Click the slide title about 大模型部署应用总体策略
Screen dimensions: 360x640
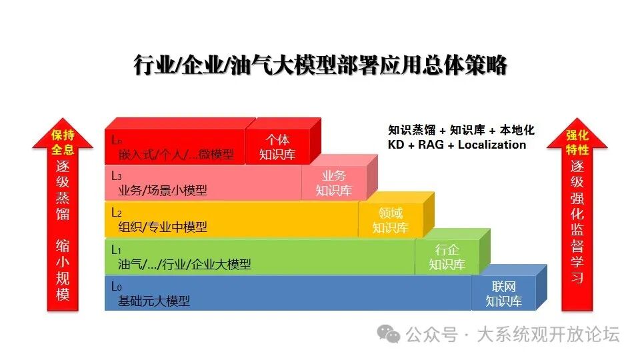[x=321, y=66]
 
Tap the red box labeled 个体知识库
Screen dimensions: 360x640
[x=277, y=147]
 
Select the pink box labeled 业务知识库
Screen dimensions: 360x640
[x=333, y=183]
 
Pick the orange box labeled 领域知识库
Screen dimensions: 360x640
[x=390, y=220]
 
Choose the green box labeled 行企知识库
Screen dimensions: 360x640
[x=447, y=257]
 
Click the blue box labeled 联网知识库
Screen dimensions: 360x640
[x=503, y=293]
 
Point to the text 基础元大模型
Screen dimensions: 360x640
[x=154, y=301]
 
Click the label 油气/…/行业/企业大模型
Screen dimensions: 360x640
[x=184, y=264]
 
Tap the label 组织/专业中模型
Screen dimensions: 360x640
[x=163, y=227]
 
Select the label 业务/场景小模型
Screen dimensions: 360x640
[x=163, y=190]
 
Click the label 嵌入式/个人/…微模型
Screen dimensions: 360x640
[x=176, y=155]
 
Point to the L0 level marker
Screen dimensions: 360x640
[x=116, y=287]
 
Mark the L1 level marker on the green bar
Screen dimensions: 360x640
[x=116, y=249]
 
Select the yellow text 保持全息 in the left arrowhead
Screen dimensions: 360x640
[x=63, y=142]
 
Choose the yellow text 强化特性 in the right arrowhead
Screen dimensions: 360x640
[x=577, y=142]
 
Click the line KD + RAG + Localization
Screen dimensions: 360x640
[x=457, y=145]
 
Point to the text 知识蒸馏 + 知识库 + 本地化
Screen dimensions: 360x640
[x=461, y=130]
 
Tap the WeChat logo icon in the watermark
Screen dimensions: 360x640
[x=388, y=333]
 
